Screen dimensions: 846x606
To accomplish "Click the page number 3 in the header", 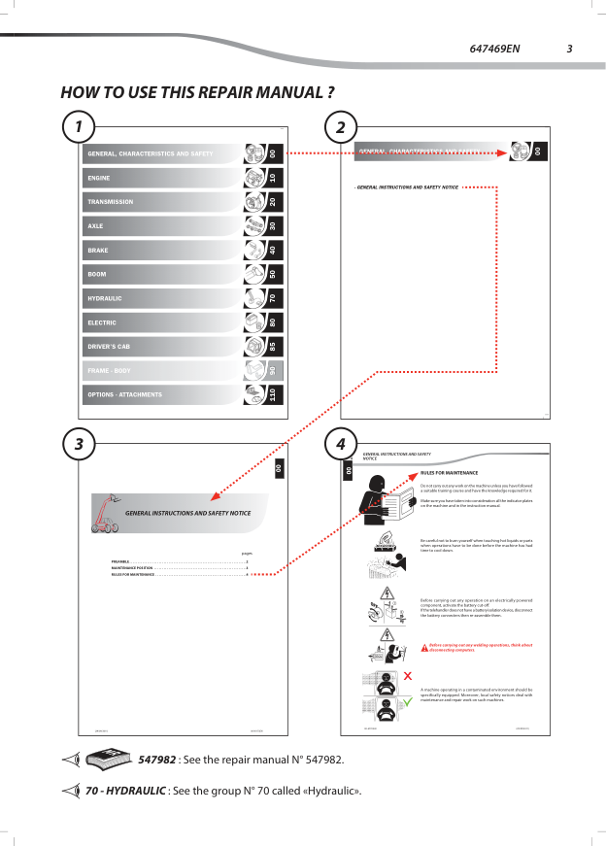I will tap(570, 49).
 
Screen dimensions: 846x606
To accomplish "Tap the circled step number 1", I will tap(79, 127).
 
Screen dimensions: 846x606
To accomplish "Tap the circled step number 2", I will tap(340, 127).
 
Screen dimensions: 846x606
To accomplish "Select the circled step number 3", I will tap(79, 444).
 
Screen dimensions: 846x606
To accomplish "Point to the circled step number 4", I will tap(340, 444).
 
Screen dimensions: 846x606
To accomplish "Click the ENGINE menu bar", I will tap(160, 178).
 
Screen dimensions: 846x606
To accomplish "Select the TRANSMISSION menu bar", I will tap(160, 202).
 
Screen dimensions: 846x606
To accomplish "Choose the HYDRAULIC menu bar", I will tap(160, 298).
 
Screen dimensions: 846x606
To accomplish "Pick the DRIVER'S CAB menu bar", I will tap(160, 347).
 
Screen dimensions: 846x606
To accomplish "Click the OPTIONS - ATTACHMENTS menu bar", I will tap(160, 394).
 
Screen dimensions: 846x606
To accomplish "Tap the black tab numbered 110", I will tap(273, 394).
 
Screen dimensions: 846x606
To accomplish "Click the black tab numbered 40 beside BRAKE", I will tap(273, 250).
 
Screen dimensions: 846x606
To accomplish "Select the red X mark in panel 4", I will tap(408, 675).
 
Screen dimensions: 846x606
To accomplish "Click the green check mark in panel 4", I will tap(408, 702).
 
